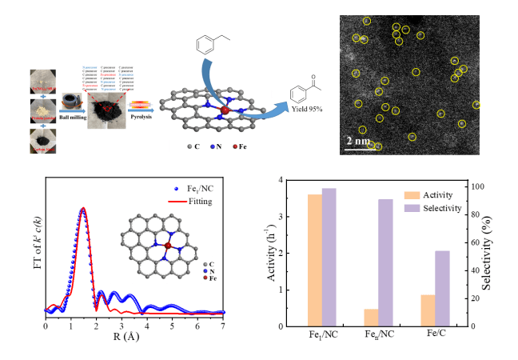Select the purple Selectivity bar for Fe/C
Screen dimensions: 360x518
(x=442, y=288)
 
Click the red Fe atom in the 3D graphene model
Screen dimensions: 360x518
(x=225, y=110)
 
